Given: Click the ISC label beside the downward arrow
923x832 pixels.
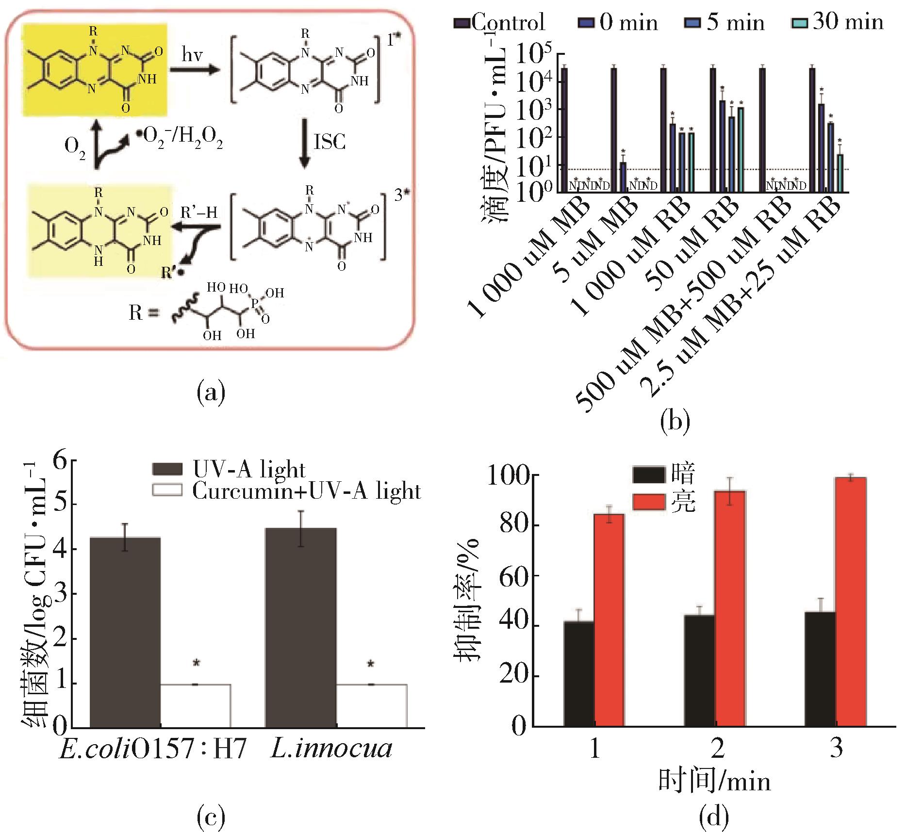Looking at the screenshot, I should click(x=330, y=142).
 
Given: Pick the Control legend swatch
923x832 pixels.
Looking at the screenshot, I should click(x=461, y=23).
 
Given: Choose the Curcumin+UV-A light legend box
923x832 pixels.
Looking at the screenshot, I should click(x=167, y=490).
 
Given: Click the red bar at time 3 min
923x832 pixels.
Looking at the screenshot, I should click(x=850, y=602).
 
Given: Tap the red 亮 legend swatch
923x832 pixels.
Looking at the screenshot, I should click(x=649, y=502).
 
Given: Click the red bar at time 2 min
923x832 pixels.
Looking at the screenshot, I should click(x=729, y=608).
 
